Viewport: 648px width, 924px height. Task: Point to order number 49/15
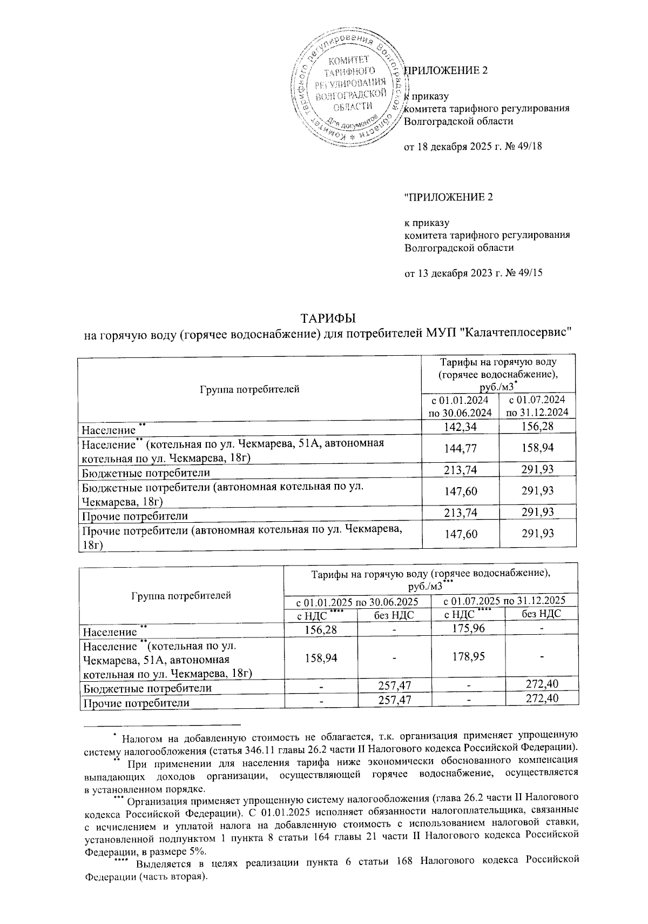531,273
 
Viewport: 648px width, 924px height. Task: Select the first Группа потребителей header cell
249,389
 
